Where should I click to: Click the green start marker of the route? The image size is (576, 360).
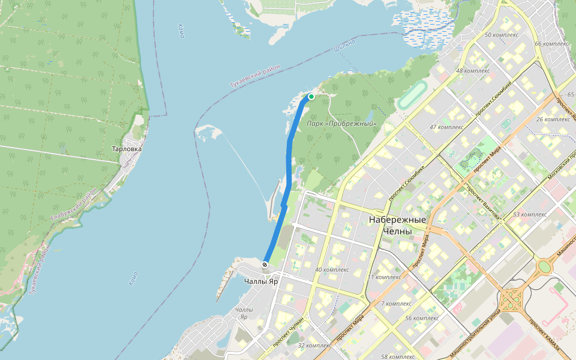click(311, 97)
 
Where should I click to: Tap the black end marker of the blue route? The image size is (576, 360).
click(265, 265)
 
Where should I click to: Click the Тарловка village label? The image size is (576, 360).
click(127, 149)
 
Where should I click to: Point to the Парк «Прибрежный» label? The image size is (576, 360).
click(341, 124)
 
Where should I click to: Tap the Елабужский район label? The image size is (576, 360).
click(74, 205)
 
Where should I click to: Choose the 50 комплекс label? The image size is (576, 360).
click(501, 35)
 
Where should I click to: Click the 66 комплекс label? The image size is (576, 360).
click(551, 44)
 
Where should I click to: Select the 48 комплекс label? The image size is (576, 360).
click(473, 71)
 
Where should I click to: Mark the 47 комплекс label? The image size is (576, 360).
click(446, 127)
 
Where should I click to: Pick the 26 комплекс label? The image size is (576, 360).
click(553, 119)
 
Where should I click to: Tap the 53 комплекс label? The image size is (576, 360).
click(529, 214)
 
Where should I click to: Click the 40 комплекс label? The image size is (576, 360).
click(332, 269)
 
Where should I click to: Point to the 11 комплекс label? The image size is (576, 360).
click(383, 277)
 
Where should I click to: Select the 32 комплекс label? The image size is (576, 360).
click(315, 346)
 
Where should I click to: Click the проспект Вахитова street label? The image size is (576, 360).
click(483, 205)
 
